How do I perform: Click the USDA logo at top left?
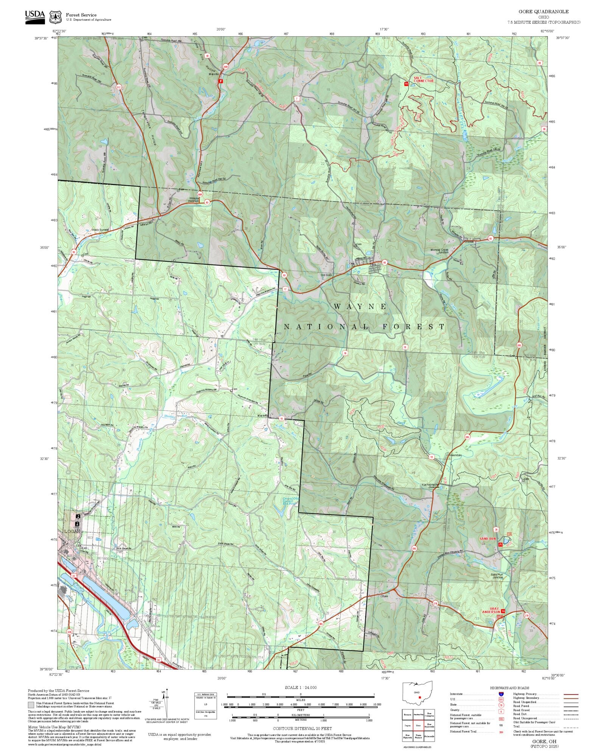(35, 17)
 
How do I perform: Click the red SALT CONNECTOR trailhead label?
(423, 79)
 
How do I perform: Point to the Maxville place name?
(214, 74)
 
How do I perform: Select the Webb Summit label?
(100, 230)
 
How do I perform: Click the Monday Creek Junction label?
(439, 251)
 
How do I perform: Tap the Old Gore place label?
(326, 275)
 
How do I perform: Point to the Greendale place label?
(455, 455)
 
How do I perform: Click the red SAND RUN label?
(487, 538)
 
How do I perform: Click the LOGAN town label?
(73, 531)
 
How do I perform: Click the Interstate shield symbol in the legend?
(501, 694)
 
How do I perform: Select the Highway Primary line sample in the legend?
(571, 694)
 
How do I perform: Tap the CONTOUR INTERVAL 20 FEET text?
(302, 728)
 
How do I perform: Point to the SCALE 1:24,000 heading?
(301, 687)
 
